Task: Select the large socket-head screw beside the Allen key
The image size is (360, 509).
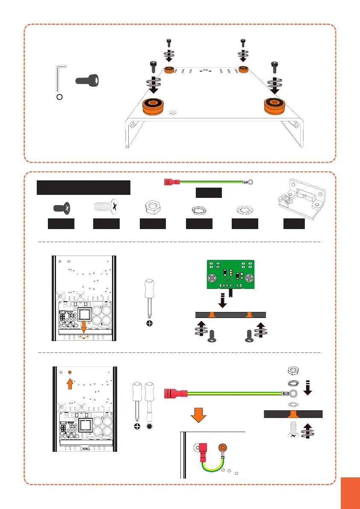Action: (x=89, y=80)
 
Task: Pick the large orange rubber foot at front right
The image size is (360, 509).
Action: (x=275, y=105)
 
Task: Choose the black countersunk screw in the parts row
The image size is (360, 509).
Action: (x=62, y=208)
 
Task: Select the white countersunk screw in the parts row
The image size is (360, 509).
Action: (x=106, y=208)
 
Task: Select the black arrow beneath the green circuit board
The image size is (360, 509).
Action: (x=223, y=302)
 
